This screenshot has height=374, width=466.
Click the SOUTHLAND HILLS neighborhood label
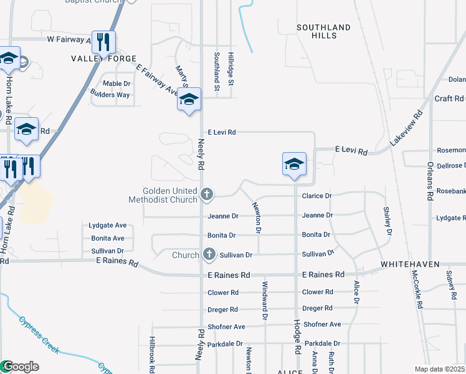click(323, 31)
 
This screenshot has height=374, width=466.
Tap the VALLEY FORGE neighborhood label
click(103, 59)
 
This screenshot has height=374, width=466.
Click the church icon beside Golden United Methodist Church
click(207, 195)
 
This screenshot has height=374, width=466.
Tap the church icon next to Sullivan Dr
click(209, 254)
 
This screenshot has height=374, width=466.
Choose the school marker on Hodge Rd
click(294, 165)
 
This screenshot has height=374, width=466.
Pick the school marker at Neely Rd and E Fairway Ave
click(189, 100)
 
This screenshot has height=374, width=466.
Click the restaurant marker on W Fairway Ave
click(103, 42)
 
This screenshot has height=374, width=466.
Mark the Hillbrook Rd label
click(151, 353)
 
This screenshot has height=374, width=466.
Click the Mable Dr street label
click(117, 84)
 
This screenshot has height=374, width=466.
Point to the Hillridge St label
click(231, 69)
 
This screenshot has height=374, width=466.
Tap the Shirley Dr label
click(388, 221)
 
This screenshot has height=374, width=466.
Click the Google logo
click(20, 367)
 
